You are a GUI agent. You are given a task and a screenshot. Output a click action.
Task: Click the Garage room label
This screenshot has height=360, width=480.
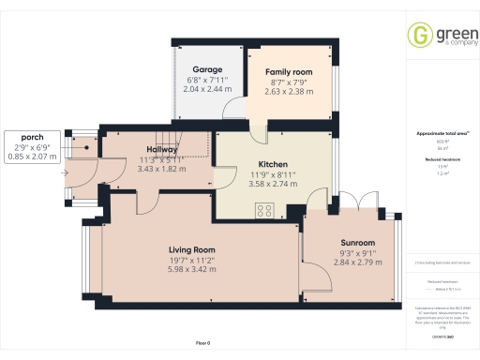[x=206, y=70]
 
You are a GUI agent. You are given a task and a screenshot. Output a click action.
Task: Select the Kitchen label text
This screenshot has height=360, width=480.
[x=259, y=164]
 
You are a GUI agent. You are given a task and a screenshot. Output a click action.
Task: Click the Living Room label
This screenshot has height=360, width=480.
[x=192, y=249]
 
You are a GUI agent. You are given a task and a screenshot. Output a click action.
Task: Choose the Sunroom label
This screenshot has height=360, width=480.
[x=356, y=242]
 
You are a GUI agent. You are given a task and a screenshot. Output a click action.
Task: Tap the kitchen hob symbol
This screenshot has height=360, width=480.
[x=264, y=210]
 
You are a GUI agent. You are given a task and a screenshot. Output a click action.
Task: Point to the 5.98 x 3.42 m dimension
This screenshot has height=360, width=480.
[x=192, y=269]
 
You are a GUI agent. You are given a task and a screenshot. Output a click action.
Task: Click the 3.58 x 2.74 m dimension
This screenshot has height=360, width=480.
[x=259, y=184]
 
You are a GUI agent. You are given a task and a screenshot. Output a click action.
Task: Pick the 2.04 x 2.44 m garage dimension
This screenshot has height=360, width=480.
[x=206, y=91]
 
